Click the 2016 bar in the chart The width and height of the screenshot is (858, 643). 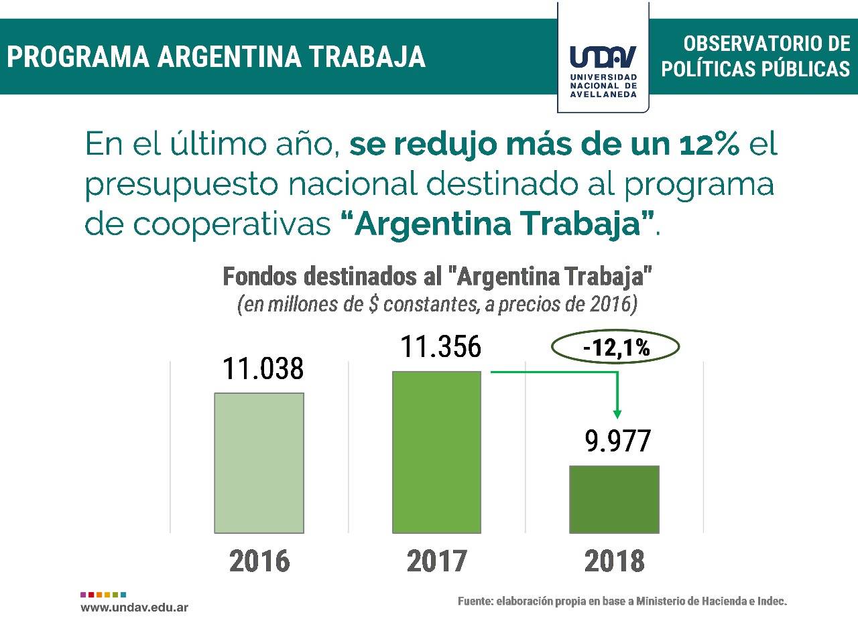pos(259,463)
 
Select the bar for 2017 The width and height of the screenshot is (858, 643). pos(436,452)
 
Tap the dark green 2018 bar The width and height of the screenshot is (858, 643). pos(614,499)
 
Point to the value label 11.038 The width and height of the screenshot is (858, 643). pos(263,369)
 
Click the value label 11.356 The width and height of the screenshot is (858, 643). pos(440,347)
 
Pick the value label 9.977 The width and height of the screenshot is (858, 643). pos(617,441)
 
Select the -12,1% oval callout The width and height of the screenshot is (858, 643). pos(615,348)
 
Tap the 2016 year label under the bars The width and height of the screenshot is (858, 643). pos(259,561)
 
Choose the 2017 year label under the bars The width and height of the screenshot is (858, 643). pos(436,561)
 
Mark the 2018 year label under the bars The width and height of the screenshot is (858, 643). pos(614,561)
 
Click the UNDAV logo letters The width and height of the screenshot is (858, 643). pos(603,56)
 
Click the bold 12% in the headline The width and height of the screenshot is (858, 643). pos(709,144)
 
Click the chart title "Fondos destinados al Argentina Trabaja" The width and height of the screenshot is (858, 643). pos(437,277)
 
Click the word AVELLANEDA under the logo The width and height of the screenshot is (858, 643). pos(603,94)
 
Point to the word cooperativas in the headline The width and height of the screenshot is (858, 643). pos(231,224)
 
